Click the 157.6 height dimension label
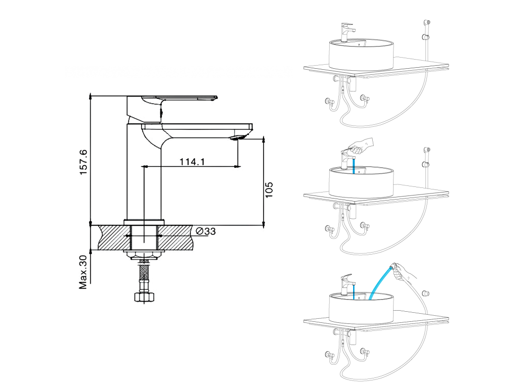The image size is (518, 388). (x=83, y=162)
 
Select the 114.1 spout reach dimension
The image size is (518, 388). (x=192, y=162)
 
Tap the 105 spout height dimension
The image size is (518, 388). (x=269, y=190)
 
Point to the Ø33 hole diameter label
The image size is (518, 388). (x=205, y=231)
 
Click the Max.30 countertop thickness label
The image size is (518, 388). (x=83, y=272)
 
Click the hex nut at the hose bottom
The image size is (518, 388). (x=144, y=297)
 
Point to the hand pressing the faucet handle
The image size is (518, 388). (x=361, y=146)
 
